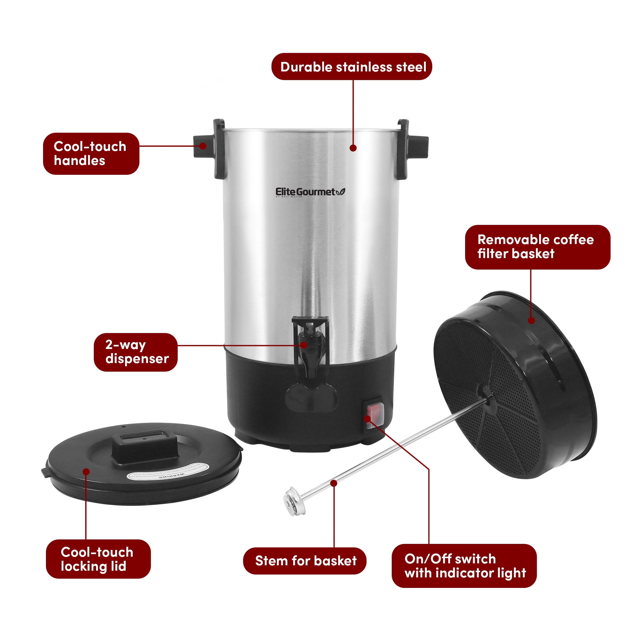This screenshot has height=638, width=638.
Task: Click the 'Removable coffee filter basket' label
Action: click(x=537, y=247)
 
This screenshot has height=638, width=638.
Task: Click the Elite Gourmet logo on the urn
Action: click(x=310, y=192)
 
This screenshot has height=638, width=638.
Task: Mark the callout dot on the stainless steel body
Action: click(x=353, y=148)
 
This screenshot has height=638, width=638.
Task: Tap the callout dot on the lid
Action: click(x=86, y=471)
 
